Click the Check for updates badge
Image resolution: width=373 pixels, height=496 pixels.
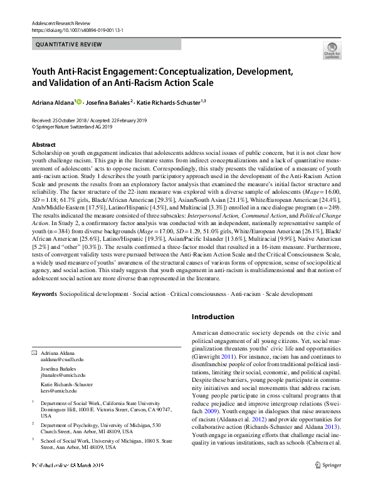332,51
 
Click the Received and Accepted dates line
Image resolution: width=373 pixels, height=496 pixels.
88,119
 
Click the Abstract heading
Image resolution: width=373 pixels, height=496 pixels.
43,144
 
